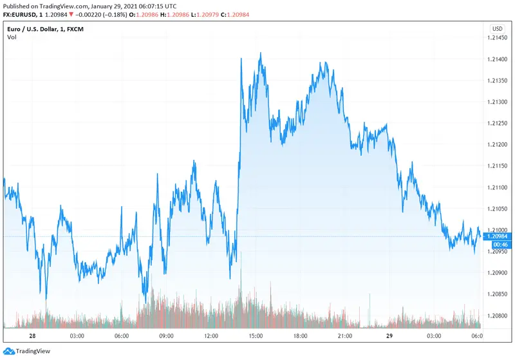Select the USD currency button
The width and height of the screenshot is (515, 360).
tap(497, 28)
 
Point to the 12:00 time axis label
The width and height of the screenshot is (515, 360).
tap(211, 336)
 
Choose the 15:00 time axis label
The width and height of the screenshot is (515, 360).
tap(256, 336)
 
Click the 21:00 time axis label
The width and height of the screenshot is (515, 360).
tap(346, 336)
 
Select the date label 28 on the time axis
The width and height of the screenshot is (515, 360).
tap(32, 336)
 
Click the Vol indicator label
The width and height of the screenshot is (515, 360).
tap(12, 37)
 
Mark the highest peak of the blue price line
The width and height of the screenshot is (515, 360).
tap(261, 53)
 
